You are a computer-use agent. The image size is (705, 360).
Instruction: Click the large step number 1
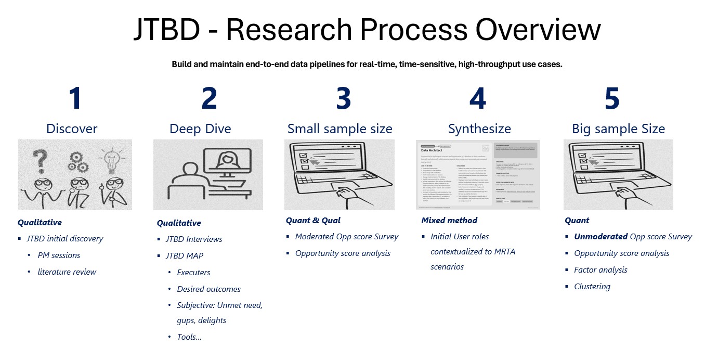(76, 98)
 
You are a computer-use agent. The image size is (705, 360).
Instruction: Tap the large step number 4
(478, 98)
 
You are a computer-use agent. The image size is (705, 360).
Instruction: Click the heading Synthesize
(479, 128)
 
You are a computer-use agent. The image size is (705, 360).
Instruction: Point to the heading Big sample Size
(618, 128)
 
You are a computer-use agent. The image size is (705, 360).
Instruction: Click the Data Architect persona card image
(478, 174)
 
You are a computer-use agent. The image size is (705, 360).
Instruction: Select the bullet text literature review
(67, 272)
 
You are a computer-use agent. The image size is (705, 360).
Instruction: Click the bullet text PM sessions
(59, 255)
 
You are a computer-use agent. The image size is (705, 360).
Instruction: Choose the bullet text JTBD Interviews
(194, 239)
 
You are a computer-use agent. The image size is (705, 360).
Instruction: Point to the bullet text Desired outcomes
(208, 289)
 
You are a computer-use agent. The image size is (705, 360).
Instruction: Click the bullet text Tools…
(189, 337)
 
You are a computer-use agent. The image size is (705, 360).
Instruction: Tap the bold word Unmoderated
(600, 236)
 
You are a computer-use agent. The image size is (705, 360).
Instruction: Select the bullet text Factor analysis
(600, 269)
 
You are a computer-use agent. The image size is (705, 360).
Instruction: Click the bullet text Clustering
(592, 286)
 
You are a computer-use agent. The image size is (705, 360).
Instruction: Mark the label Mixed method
(449, 220)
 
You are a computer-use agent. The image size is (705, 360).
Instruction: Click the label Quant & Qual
(313, 220)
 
